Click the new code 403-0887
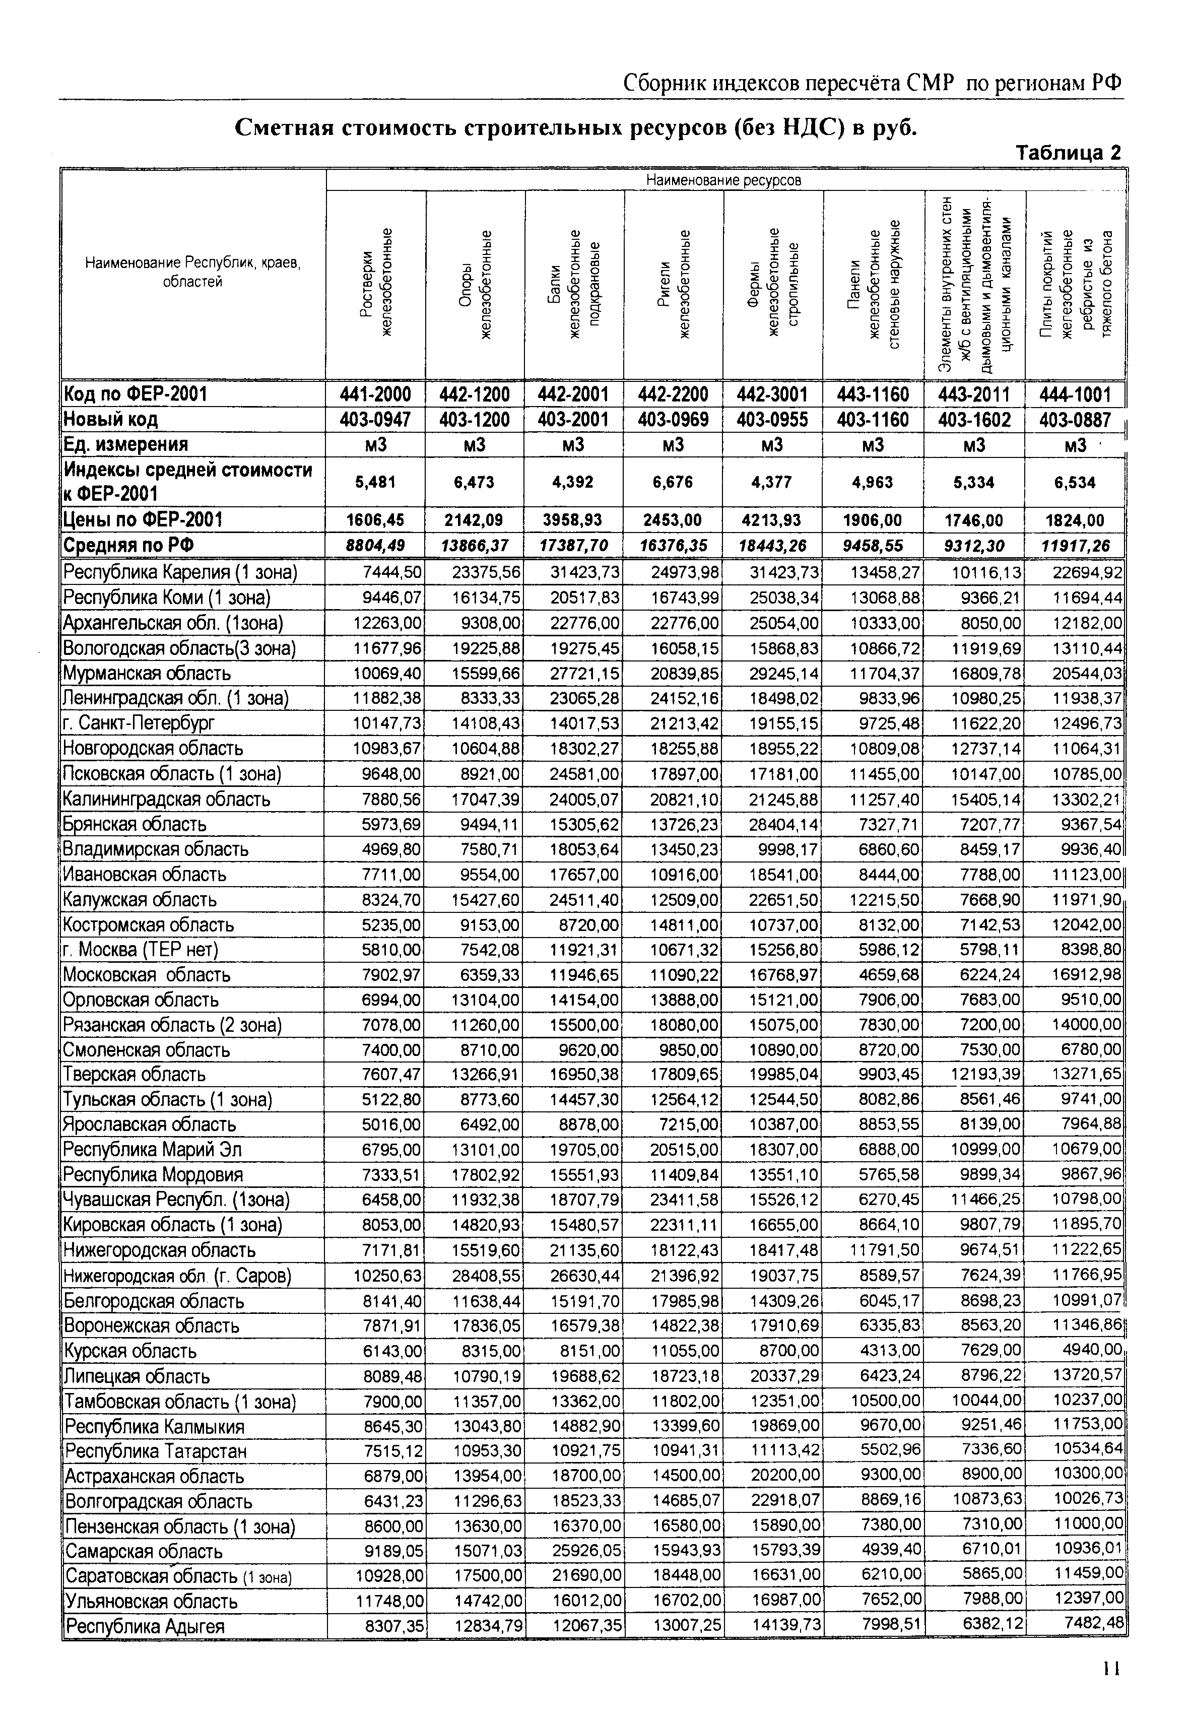(1075, 420)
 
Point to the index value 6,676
(673, 483)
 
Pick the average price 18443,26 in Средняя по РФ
(772, 546)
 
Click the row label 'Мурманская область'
(147, 673)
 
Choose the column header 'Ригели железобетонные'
(673, 283)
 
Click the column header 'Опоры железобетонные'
(475, 283)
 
